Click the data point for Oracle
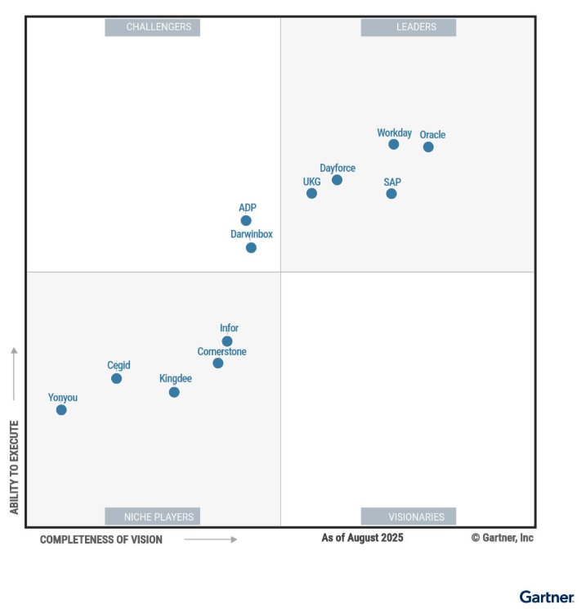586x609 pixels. coord(428,147)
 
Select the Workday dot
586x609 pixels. coord(394,144)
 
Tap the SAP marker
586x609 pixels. coord(391,194)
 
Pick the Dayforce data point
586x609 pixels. coord(337,180)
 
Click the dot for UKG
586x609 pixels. coord(311,193)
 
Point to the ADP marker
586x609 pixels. coord(246,220)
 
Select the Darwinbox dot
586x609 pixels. coord(251,247)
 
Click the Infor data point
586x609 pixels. coord(227,341)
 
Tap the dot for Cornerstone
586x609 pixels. coord(217,363)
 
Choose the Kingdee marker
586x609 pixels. coord(174,392)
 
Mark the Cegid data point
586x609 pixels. coord(116,378)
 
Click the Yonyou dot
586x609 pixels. coord(61,409)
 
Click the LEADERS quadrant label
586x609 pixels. coord(409,27)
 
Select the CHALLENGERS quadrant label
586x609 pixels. coord(153,27)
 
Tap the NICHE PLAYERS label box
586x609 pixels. coord(153,517)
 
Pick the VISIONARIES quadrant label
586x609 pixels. coord(409,517)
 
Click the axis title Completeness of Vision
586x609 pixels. coord(101,539)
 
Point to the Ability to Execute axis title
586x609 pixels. coord(14,467)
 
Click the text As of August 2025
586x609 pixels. coord(362,538)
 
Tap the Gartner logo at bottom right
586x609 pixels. coord(547,596)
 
